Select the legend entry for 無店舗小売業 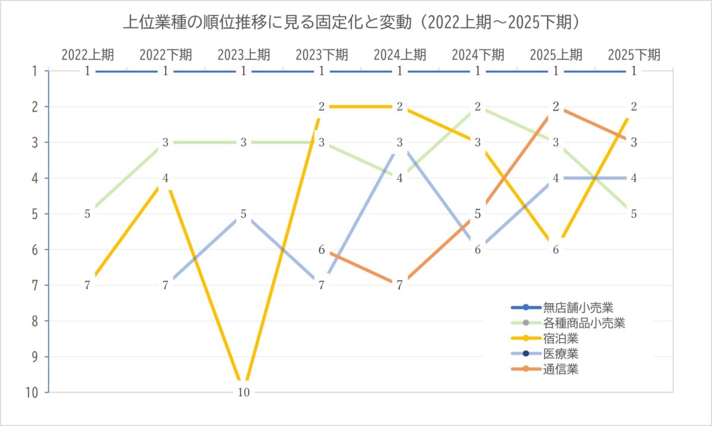click(577, 307)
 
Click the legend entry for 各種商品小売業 click(584, 323)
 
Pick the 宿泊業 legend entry click(560, 339)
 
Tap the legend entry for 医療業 click(560, 354)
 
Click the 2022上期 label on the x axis click(88, 55)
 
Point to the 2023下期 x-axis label click(322, 55)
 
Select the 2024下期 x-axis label click(478, 55)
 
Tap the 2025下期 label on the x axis click(634, 55)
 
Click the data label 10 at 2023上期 click(243, 392)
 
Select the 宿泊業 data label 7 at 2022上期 click(87, 285)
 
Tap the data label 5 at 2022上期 click(87, 214)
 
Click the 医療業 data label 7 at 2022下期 click(166, 285)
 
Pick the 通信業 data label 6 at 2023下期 click(322, 250)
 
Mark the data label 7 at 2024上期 click(400, 285)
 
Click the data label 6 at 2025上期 click(556, 250)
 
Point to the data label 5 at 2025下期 click(634, 214)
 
